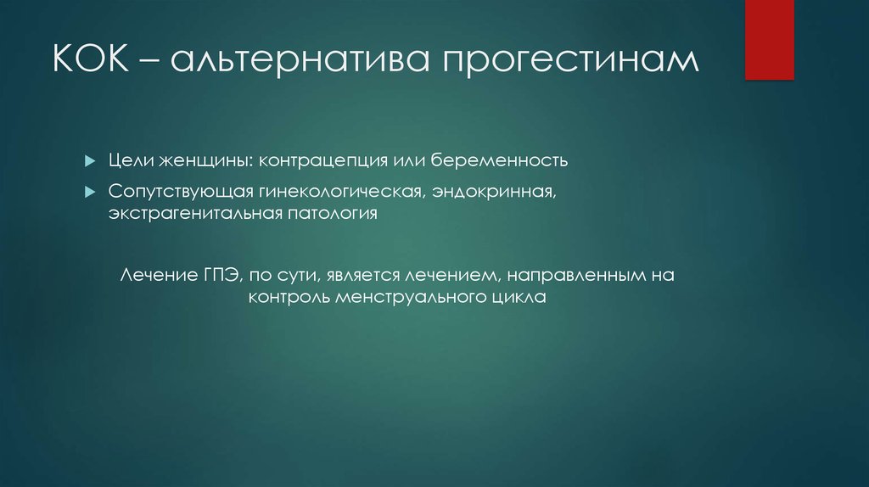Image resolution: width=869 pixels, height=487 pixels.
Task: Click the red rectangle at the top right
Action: (x=769, y=39)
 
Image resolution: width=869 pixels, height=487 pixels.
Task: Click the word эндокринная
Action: (x=494, y=192)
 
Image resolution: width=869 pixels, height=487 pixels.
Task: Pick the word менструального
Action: (x=406, y=299)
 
